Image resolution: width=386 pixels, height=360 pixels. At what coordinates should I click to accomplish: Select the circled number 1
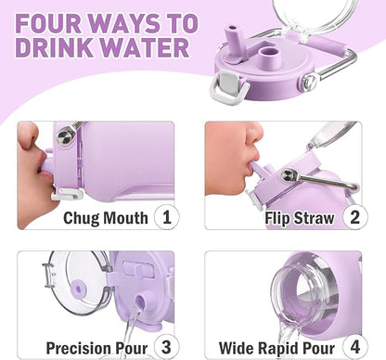click(x=166, y=218)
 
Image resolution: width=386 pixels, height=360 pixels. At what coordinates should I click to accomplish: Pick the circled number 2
click(x=353, y=218)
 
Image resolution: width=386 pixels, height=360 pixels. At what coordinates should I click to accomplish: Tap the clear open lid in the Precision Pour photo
click(x=69, y=283)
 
